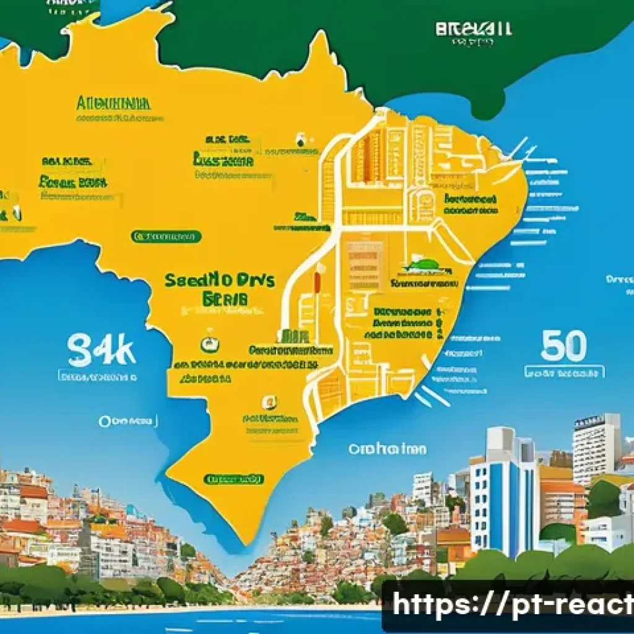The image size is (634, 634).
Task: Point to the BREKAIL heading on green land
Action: pyautogui.click(x=474, y=28)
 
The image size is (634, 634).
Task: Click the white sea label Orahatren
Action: pyautogui.click(x=387, y=448)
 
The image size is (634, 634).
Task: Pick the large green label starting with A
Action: pyautogui.click(x=113, y=103)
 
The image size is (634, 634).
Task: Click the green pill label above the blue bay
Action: pyautogui.click(x=166, y=237)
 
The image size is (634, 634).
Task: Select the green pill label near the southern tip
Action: pyautogui.click(x=234, y=479)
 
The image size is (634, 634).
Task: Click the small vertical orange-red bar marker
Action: pyautogui.click(x=317, y=282)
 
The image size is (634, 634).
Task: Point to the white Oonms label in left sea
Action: pyautogui.click(x=127, y=422)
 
